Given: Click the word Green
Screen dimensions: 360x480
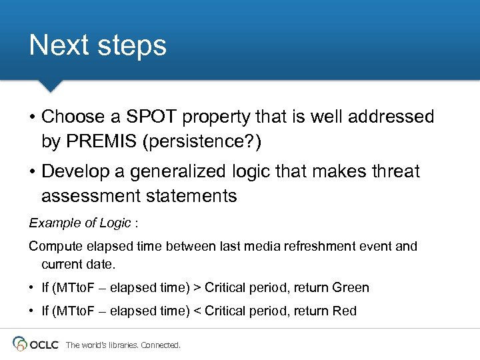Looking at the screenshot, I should pos(351,287).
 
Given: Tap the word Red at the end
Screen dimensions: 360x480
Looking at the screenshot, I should pos(344,311).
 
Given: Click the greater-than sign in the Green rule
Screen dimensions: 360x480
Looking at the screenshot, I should pos(197,287).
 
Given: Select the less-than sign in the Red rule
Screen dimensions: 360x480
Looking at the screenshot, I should pos(197,311).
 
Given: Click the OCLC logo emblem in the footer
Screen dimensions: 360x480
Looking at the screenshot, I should pos(21,343).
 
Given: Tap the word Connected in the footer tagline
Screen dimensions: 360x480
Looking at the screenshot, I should pos(159,345).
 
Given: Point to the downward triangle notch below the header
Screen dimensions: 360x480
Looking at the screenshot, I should pos(49,86).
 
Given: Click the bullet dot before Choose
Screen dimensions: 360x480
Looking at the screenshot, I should pos(32,117).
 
